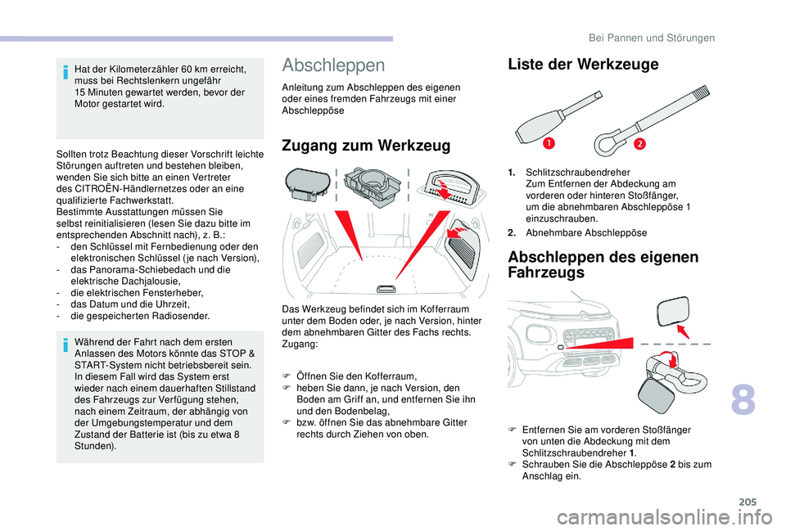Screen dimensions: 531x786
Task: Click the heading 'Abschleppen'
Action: click(x=332, y=65)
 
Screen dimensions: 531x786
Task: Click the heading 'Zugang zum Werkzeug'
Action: click(x=365, y=146)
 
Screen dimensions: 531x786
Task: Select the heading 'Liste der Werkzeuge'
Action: click(x=583, y=65)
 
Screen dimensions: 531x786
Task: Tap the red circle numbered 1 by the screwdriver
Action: click(x=544, y=144)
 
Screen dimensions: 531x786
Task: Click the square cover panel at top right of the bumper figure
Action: click(x=676, y=314)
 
